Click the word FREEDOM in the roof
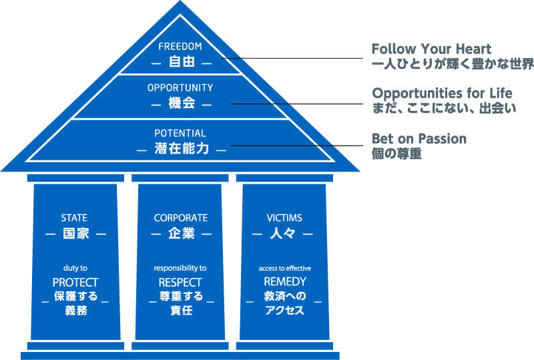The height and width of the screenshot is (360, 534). [x=180, y=47]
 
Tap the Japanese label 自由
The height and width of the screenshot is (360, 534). [x=181, y=63]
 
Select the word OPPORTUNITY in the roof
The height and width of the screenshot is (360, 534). [x=180, y=87]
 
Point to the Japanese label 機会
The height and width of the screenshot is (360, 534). [x=181, y=104]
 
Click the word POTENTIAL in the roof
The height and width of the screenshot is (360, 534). [x=180, y=133]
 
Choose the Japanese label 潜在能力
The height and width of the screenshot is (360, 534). [x=181, y=149]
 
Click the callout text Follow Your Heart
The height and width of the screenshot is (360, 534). [x=431, y=49]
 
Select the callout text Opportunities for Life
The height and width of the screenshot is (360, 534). [x=443, y=93]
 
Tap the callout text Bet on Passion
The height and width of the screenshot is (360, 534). [x=419, y=139]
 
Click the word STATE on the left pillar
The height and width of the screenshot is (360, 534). [x=74, y=218]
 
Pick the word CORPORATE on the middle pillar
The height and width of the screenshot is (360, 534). [x=180, y=218]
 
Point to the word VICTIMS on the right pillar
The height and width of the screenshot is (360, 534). [x=284, y=218]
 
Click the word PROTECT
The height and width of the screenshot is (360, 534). [x=75, y=283]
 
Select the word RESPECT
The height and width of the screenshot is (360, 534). [x=180, y=283]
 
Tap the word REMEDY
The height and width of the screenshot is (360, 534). [x=285, y=283]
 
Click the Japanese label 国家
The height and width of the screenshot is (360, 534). [x=75, y=234]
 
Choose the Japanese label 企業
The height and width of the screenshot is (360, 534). [x=180, y=234]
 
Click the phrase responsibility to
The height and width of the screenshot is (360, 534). [x=180, y=268]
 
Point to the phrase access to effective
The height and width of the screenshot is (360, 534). [x=285, y=268]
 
